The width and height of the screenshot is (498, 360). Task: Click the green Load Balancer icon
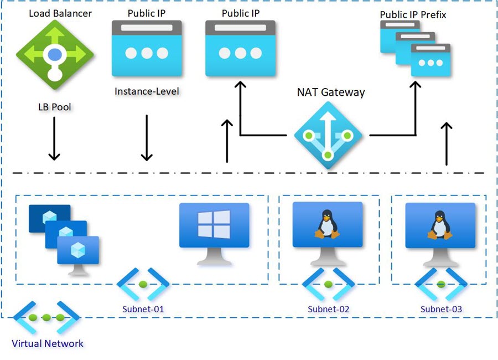click(55, 54)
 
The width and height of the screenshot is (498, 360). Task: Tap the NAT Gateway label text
click(331, 92)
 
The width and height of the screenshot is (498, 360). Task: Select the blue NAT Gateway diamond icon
click(328, 135)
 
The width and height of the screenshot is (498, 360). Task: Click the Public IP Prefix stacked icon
click(415, 48)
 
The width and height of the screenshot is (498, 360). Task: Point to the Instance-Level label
click(147, 91)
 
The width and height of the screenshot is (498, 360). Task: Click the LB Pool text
click(55, 107)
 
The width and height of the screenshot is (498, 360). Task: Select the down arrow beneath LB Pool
click(54, 138)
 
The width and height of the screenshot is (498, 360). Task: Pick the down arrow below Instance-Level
click(147, 138)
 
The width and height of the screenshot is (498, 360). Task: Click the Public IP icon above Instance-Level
click(147, 48)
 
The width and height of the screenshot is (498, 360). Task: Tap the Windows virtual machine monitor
click(214, 234)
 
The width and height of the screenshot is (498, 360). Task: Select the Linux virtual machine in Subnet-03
click(440, 234)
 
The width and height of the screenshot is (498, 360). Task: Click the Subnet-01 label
click(143, 309)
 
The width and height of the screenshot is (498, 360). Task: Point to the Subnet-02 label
click(328, 309)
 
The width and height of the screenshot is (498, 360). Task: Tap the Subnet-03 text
click(441, 309)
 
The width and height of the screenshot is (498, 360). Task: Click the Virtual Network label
click(48, 343)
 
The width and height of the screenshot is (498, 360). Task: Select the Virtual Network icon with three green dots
click(46, 317)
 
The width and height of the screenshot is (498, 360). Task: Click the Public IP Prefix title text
click(413, 14)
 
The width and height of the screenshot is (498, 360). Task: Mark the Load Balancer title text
click(60, 13)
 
